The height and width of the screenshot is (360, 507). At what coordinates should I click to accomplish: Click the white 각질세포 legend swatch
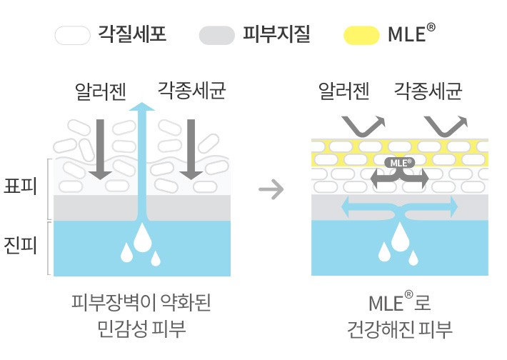pyautogui.click(x=74, y=34)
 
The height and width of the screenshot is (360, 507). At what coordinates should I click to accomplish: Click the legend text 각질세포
pyautogui.click(x=132, y=34)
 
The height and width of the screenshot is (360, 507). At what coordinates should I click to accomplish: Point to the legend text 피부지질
pyautogui.click(x=277, y=34)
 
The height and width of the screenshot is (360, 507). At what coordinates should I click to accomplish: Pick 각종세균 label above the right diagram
pyautogui.click(x=428, y=91)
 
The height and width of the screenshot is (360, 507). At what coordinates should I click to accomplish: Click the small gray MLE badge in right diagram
pyautogui.click(x=398, y=162)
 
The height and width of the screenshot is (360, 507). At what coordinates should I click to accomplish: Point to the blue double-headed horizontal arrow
pyautogui.click(x=399, y=207)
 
